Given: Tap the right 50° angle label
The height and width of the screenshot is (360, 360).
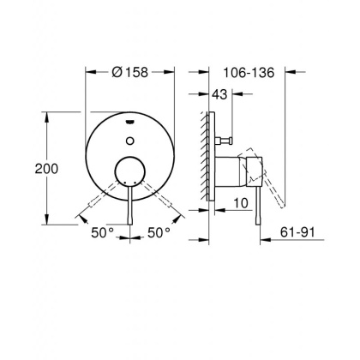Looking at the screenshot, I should click(159, 232).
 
